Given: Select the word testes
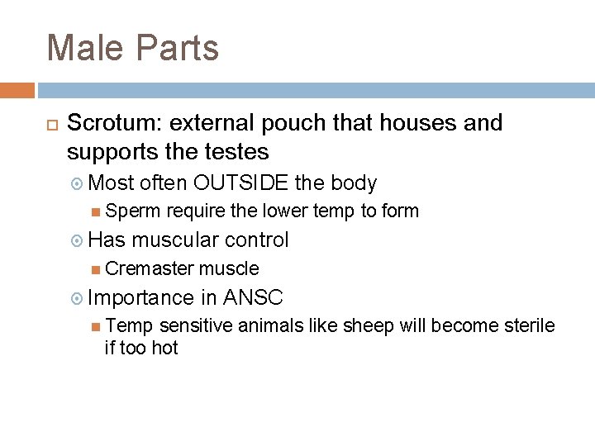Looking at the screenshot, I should point(239,151).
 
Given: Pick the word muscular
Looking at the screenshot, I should point(174,240).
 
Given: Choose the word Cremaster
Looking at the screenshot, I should point(150,268).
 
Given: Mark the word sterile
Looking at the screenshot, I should point(528,325).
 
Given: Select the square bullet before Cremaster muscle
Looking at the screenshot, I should point(97,269).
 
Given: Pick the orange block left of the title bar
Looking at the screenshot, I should point(17,90).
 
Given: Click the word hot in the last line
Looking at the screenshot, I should point(164,348).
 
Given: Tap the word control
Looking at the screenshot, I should point(257,240).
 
